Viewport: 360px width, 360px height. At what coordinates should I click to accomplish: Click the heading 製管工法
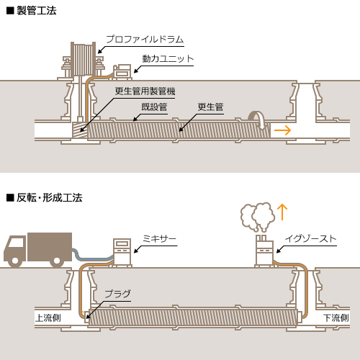click(x=37, y=11)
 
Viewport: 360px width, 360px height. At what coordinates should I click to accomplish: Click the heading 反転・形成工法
click(x=50, y=198)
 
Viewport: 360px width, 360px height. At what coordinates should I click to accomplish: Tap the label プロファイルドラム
click(x=145, y=39)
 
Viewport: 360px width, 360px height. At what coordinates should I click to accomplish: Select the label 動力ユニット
click(x=168, y=59)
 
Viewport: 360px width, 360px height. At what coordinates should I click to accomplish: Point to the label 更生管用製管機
click(x=145, y=91)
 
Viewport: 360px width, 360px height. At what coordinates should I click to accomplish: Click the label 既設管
click(x=154, y=107)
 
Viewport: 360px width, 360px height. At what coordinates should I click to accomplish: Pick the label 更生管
click(x=210, y=107)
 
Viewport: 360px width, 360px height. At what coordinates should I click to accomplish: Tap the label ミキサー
click(x=160, y=239)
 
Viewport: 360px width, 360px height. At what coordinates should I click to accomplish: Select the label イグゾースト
click(x=311, y=239)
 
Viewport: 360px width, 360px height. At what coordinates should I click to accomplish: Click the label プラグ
click(x=118, y=294)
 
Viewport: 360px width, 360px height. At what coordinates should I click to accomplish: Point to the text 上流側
click(x=48, y=318)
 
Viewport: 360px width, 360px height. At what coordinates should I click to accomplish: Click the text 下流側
click(x=336, y=318)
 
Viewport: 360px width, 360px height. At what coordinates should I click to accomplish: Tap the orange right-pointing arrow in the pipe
click(x=282, y=130)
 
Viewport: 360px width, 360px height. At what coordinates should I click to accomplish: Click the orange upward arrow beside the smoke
click(x=282, y=212)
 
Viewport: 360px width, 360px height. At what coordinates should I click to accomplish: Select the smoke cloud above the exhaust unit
click(x=258, y=217)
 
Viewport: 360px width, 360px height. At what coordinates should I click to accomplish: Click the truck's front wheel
click(x=15, y=261)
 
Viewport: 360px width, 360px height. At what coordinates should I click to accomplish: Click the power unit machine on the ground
click(x=122, y=72)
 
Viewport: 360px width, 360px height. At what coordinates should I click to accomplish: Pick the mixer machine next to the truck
click(x=122, y=252)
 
